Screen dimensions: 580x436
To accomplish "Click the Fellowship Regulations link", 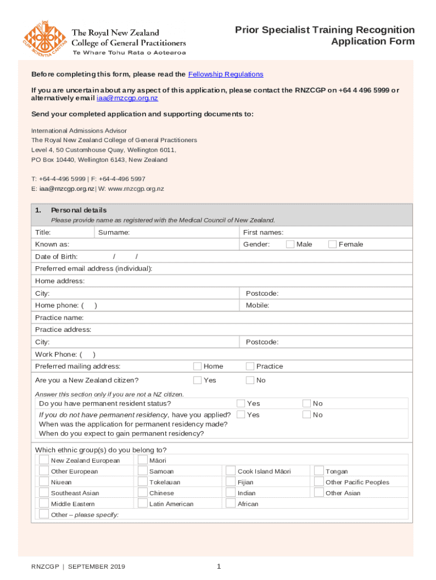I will pyautogui.click(x=225, y=74).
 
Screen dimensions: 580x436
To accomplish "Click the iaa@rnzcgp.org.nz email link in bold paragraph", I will pyautogui.click(x=127, y=98).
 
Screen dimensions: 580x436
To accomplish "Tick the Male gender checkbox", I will pyautogui.click(x=290, y=244).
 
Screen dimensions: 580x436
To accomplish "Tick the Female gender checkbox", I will pyautogui.click(x=332, y=244).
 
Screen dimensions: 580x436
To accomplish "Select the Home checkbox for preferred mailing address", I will pyautogui.click(x=198, y=366).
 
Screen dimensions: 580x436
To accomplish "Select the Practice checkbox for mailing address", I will pyautogui.click(x=250, y=366).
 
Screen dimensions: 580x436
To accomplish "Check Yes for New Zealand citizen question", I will pyautogui.click(x=198, y=380).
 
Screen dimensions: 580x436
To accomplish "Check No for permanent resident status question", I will pyautogui.click(x=306, y=403).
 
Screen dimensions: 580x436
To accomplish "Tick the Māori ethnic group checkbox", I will pyautogui.click(x=142, y=460).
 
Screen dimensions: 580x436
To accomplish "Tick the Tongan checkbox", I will pyautogui.click(x=319, y=471).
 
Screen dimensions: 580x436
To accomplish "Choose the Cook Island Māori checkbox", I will pyautogui.click(x=230, y=471).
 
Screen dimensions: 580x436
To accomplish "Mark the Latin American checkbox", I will pyautogui.click(x=142, y=503).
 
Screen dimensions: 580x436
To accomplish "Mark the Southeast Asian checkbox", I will pyautogui.click(x=44, y=492).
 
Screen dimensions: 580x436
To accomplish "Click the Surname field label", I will pyautogui.click(x=113, y=232).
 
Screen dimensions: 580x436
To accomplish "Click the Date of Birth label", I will pyautogui.click(x=56, y=257).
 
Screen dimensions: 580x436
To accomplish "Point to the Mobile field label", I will pyautogui.click(x=257, y=305).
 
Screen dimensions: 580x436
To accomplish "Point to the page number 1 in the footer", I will pyautogui.click(x=219, y=566).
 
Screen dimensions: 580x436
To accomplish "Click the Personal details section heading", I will pyautogui.click(x=78, y=210).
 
